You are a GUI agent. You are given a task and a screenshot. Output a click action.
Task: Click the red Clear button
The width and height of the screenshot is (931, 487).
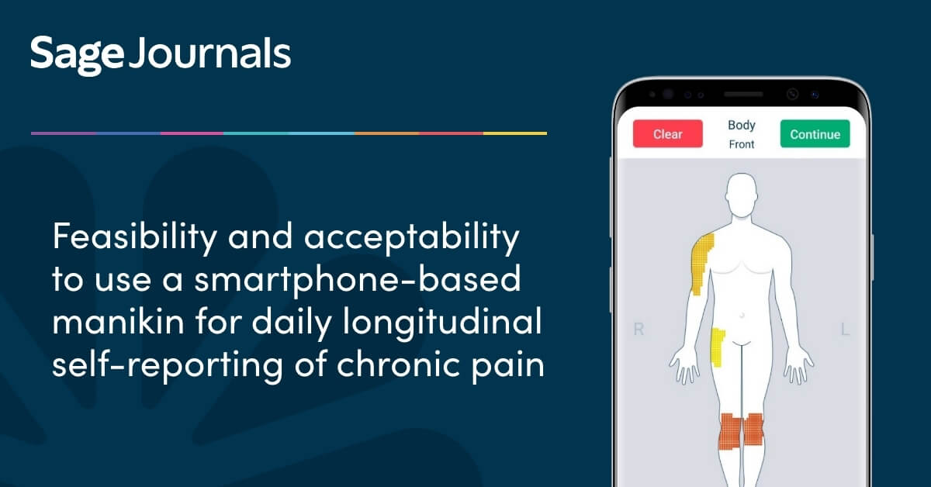pyautogui.click(x=667, y=134)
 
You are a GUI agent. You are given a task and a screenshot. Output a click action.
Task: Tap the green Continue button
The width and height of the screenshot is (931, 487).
pyautogui.click(x=815, y=134)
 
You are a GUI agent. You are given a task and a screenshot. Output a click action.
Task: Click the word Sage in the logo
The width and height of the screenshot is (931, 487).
pyautogui.click(x=77, y=54)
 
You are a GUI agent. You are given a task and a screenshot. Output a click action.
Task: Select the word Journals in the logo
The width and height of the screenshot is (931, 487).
pyautogui.click(x=209, y=54)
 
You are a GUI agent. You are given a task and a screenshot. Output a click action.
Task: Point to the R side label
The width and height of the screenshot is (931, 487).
pyautogui.click(x=639, y=330)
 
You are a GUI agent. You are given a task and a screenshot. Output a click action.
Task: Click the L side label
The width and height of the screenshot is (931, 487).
pyautogui.click(x=845, y=330)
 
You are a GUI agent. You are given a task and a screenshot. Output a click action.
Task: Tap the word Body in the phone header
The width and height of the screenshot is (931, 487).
pyautogui.click(x=742, y=125)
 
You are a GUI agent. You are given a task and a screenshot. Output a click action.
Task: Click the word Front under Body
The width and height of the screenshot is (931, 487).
pyautogui.click(x=742, y=144)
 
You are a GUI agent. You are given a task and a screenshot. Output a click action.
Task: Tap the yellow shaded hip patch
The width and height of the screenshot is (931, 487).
pyautogui.click(x=718, y=347)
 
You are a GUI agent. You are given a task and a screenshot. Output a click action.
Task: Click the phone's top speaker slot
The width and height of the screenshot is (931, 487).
pyautogui.click(x=742, y=95)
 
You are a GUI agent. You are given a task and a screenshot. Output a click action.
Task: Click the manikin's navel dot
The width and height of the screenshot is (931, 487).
pyautogui.click(x=742, y=316)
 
